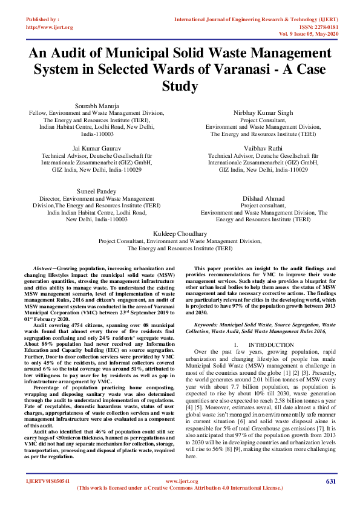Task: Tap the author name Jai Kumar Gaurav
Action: pos(97,148)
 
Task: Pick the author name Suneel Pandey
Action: pos(97,190)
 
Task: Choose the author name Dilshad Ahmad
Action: pos(264,198)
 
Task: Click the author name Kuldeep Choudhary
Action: pos(180,233)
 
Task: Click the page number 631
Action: pos(330,498)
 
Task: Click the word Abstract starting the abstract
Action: pos(41,267)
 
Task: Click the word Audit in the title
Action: pos(71,53)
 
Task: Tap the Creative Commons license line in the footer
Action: pos(180,504)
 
